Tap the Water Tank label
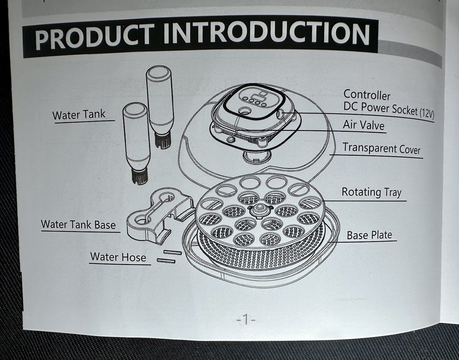[x=78, y=114]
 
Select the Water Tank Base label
[x=78, y=225]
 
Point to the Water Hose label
[x=118, y=256]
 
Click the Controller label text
[x=367, y=95]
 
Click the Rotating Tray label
[x=371, y=191]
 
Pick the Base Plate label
[x=369, y=235]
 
